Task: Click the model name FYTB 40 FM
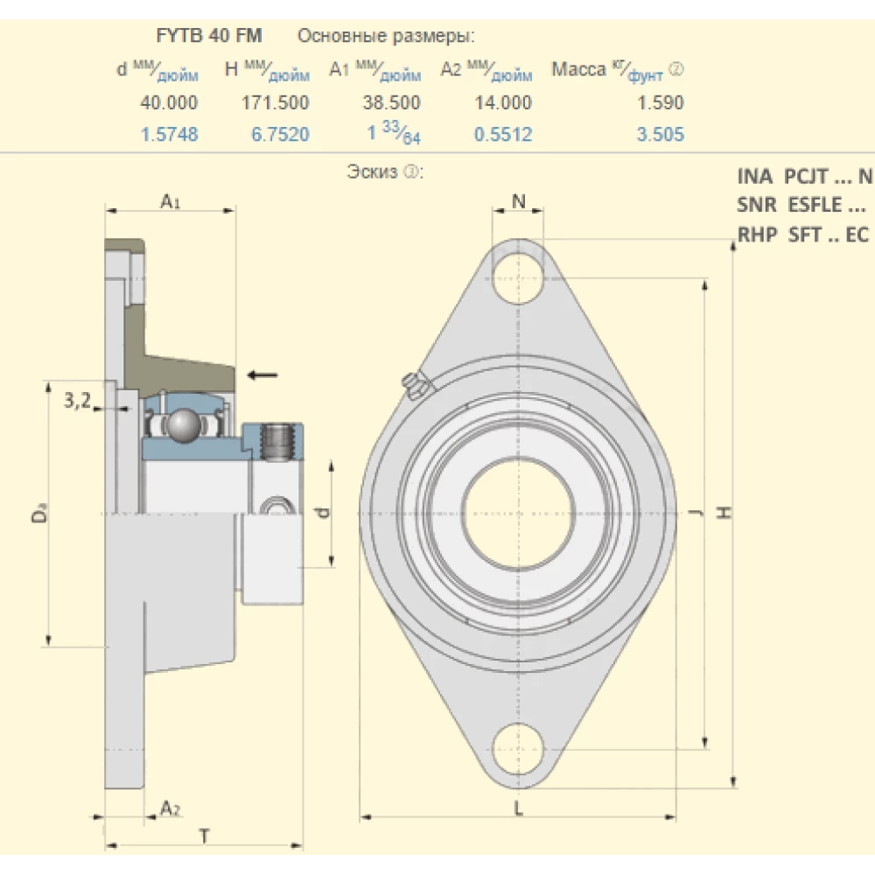coord(209,36)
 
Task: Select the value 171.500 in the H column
coord(275,102)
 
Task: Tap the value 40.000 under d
coord(169,102)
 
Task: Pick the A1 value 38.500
coord(392,102)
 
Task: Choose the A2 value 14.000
coord(503,102)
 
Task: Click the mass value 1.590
coord(661,102)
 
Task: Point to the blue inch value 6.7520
coord(280,135)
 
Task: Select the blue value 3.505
coord(661,135)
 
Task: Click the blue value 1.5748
coord(169,135)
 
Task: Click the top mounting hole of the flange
coord(518,278)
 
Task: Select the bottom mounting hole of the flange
coord(518,750)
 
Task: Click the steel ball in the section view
coord(184,426)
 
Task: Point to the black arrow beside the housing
coord(262,374)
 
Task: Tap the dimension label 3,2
coord(78,400)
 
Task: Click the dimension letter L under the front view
coord(518,808)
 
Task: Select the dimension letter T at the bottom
coord(204,836)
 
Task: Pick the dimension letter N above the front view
coord(518,201)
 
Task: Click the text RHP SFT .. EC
coord(803,234)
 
